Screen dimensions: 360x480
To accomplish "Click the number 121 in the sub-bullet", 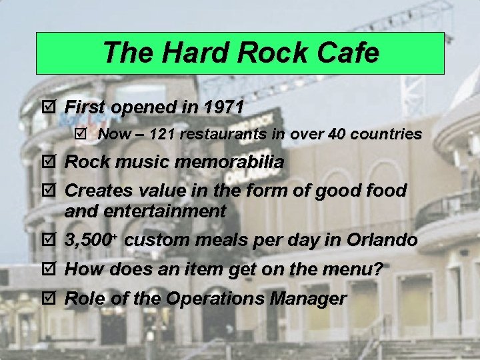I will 163,134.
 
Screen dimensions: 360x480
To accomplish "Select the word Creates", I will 100,191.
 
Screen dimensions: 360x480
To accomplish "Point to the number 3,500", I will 91,240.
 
